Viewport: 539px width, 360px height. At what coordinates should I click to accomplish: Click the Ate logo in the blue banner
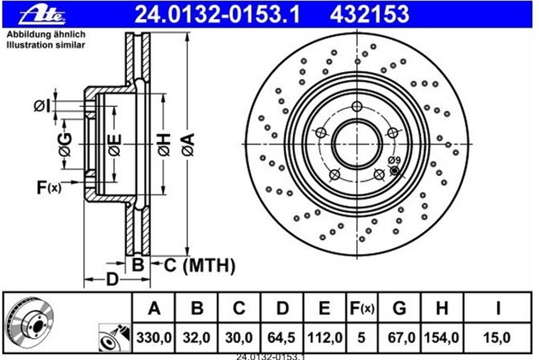point(42,15)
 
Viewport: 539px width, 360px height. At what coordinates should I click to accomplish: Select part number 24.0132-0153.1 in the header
point(217,15)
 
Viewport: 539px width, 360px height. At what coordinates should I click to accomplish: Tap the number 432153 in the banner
point(370,15)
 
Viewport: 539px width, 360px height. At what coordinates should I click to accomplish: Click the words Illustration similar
point(46,45)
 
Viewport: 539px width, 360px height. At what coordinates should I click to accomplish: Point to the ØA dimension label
point(188,145)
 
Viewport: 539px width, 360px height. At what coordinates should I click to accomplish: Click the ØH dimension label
point(164,144)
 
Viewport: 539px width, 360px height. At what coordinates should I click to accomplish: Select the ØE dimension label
point(115,145)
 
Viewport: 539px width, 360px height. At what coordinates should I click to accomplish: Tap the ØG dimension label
point(65,145)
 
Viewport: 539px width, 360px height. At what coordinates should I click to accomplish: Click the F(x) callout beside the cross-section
point(49,188)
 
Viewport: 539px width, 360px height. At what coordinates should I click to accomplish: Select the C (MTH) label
point(199,266)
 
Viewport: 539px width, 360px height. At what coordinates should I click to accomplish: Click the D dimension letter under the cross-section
point(112,280)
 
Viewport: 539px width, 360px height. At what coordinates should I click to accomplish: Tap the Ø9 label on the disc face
point(395,160)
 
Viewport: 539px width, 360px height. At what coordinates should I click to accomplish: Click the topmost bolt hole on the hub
point(357,107)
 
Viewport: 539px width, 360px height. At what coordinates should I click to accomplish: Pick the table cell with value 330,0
point(154,338)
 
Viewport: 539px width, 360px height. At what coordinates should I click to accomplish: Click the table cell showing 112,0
point(325,338)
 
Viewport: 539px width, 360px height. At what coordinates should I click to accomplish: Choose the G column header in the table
point(399,308)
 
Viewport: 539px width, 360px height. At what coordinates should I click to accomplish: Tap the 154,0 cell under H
point(442,338)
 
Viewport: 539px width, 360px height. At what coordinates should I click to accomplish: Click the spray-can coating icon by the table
point(115,338)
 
